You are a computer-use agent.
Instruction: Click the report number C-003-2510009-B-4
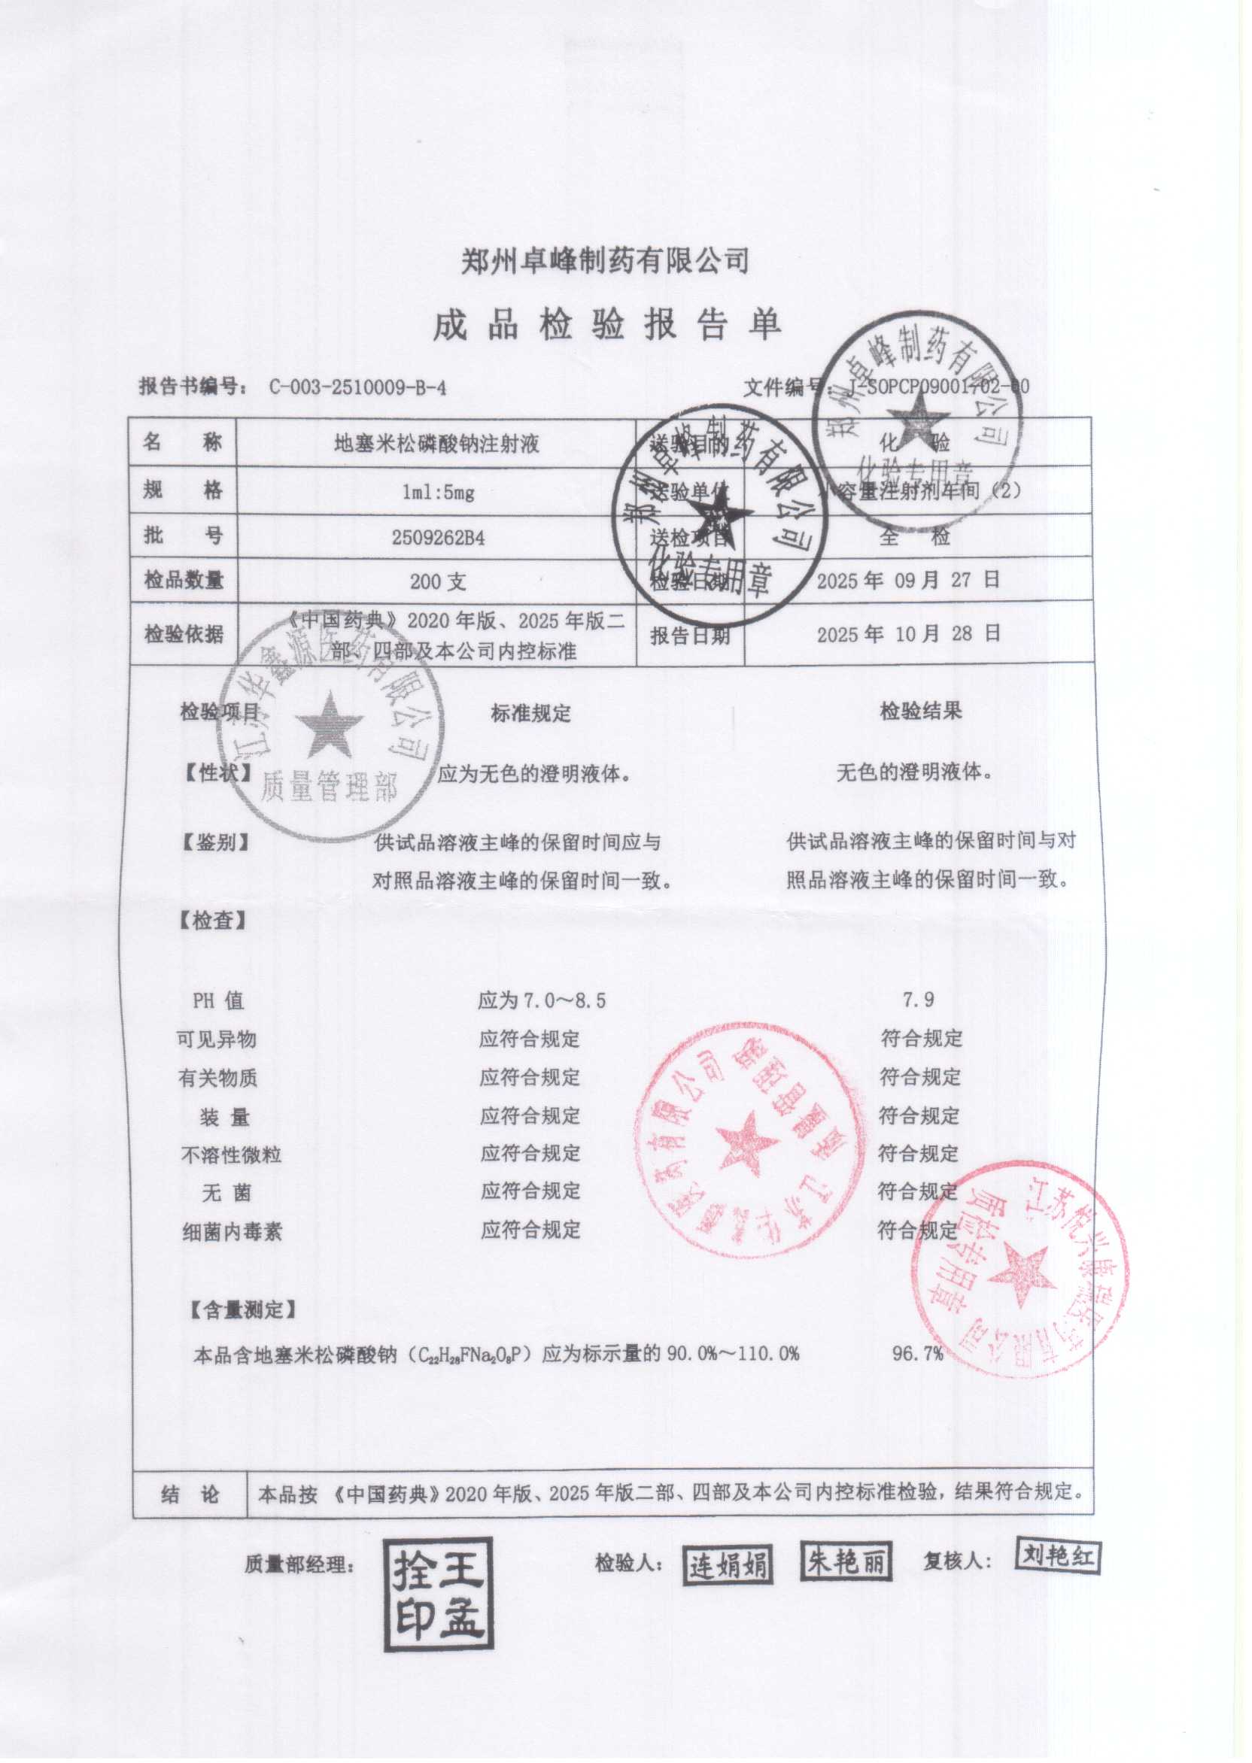tap(357, 387)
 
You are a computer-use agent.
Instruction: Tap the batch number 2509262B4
tap(438, 538)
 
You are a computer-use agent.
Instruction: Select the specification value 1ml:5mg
tap(438, 493)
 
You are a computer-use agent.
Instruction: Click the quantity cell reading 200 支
tap(438, 581)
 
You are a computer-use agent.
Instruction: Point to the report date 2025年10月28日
tap(908, 634)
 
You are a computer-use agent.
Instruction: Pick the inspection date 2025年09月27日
tap(908, 580)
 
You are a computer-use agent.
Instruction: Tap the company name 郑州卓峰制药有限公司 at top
tap(605, 260)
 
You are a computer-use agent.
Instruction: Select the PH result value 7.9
tap(918, 1001)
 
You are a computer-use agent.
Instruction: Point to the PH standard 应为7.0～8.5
tap(541, 1002)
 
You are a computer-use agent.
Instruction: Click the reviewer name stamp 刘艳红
tap(1057, 1555)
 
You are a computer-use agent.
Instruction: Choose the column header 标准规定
tap(530, 714)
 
